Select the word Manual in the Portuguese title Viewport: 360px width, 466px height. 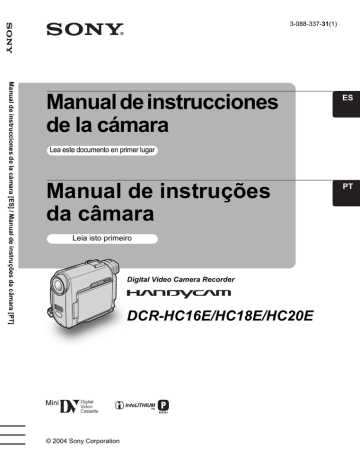86,189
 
